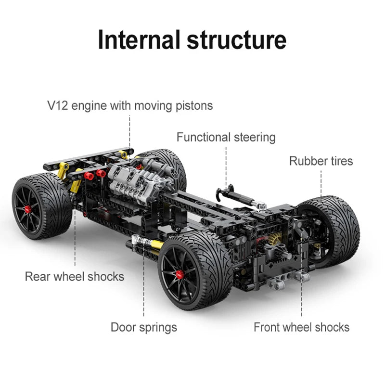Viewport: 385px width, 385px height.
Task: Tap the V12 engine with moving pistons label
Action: (130, 105)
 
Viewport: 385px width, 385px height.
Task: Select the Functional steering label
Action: (226, 137)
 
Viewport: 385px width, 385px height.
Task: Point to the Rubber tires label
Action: (321, 161)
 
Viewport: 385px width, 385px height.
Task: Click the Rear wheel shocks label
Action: (75, 276)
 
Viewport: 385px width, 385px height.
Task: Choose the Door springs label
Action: (144, 327)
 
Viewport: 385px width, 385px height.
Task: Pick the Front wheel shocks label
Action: (301, 327)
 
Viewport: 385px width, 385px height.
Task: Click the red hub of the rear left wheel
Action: (27, 209)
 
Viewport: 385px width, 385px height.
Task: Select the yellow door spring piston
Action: (155, 245)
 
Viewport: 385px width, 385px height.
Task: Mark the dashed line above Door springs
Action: (144, 289)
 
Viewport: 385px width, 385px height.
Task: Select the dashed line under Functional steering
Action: (226, 164)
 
